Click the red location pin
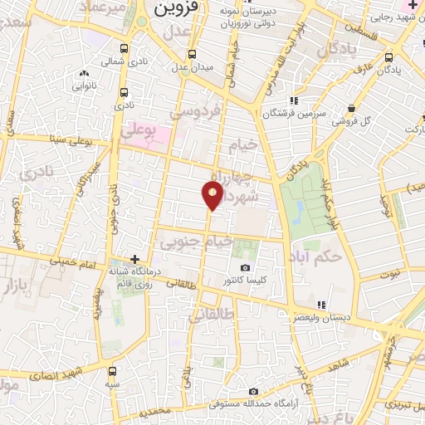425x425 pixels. point(212,195)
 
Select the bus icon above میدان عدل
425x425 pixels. point(192,54)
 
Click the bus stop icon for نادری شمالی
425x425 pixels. point(125,47)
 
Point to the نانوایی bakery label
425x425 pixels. point(88,85)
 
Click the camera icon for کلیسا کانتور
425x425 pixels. point(245,267)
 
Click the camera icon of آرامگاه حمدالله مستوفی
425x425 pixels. point(253,391)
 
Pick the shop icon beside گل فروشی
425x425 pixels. point(353,108)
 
